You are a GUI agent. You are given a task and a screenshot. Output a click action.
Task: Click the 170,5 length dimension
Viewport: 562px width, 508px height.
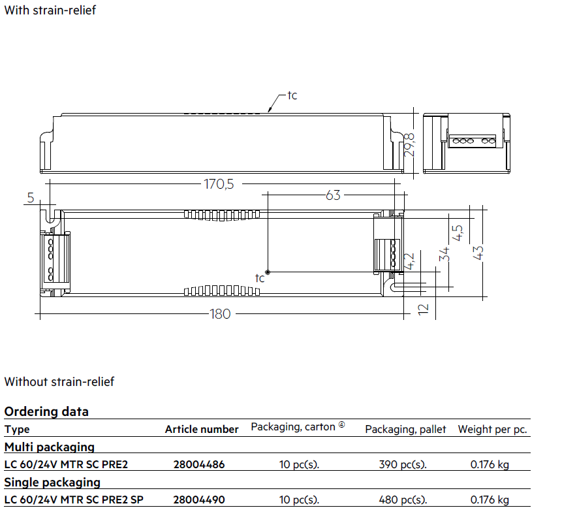[219, 184]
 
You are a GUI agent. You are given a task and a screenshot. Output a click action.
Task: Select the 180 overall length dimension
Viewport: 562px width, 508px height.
[220, 314]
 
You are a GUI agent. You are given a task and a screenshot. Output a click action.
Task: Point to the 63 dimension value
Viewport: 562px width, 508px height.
[333, 195]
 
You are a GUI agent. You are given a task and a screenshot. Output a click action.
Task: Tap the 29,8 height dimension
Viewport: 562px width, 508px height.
[409, 145]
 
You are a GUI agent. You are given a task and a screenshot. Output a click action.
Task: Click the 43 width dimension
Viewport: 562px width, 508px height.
[478, 253]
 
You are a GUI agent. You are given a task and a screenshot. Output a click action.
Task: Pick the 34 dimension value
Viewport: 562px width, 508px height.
[444, 254]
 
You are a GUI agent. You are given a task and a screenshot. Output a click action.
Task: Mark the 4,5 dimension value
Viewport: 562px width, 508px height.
[458, 233]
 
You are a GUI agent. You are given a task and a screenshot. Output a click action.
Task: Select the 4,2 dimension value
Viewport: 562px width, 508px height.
[409, 261]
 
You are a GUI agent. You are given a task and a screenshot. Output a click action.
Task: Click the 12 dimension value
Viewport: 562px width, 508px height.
[423, 309]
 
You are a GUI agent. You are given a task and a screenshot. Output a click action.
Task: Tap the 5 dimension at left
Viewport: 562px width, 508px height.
[31, 198]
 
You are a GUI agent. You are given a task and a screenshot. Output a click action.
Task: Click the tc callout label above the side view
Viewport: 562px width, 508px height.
[292, 95]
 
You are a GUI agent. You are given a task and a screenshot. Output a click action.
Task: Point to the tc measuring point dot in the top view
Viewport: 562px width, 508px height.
[268, 272]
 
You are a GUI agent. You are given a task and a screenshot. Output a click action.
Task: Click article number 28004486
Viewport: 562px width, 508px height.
[199, 465]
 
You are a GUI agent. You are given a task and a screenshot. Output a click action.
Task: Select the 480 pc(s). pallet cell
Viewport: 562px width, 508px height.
[403, 500]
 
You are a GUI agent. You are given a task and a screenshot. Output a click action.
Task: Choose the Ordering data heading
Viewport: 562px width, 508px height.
[46, 411]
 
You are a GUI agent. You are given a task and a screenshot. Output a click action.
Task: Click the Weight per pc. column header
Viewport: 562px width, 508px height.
[492, 430]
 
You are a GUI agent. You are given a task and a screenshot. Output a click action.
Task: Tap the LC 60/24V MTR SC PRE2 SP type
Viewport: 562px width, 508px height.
[74, 500]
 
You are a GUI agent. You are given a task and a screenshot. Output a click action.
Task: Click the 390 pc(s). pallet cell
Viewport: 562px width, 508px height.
[403, 465]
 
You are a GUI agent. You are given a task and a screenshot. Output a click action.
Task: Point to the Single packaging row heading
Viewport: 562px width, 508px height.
[52, 483]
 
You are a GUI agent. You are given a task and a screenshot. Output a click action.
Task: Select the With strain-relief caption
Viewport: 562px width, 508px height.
[50, 10]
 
